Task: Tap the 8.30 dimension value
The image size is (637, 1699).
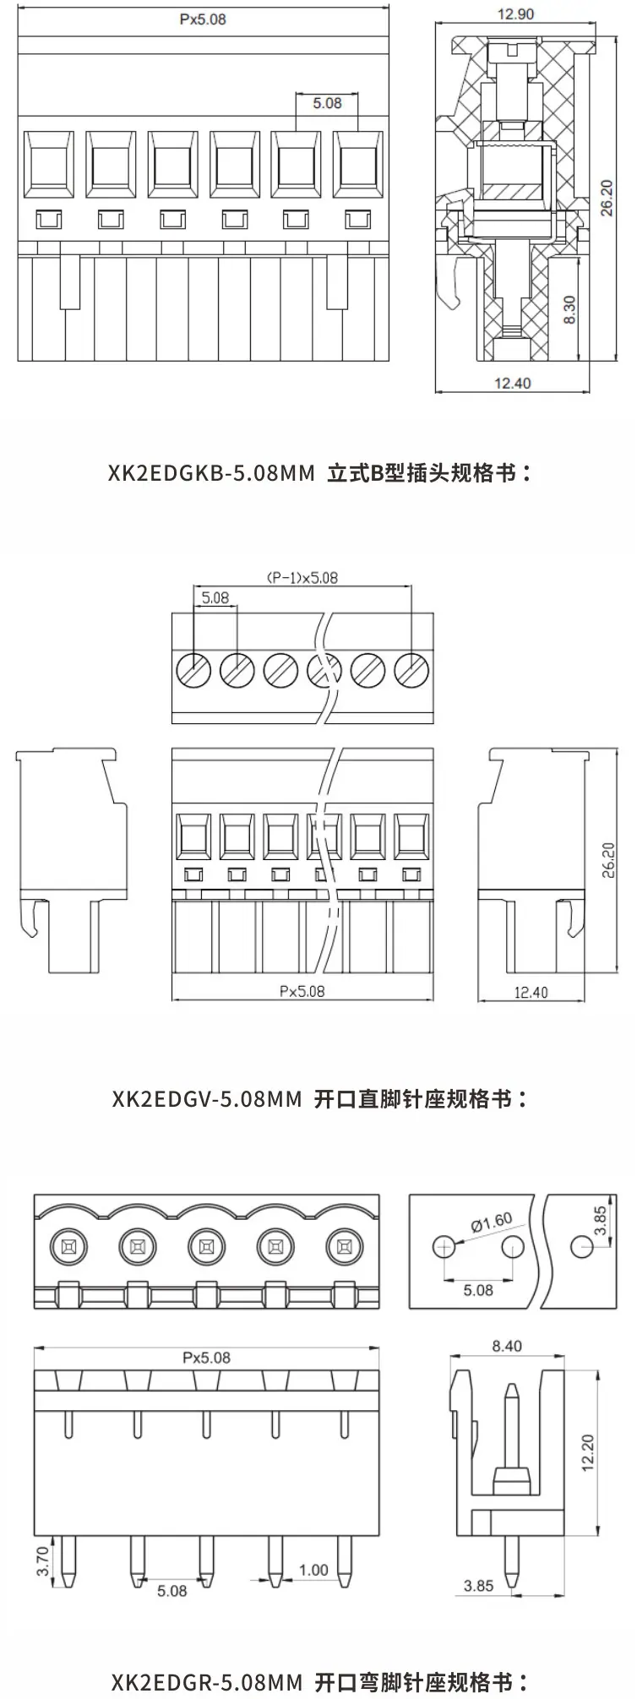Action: pos(569,309)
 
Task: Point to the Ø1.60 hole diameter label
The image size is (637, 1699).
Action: pos(492,1221)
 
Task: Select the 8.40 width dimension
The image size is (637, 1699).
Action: pos(506,1346)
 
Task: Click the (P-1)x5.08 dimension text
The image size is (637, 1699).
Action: pos(302,578)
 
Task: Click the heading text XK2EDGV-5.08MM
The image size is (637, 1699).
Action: pos(206,1099)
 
